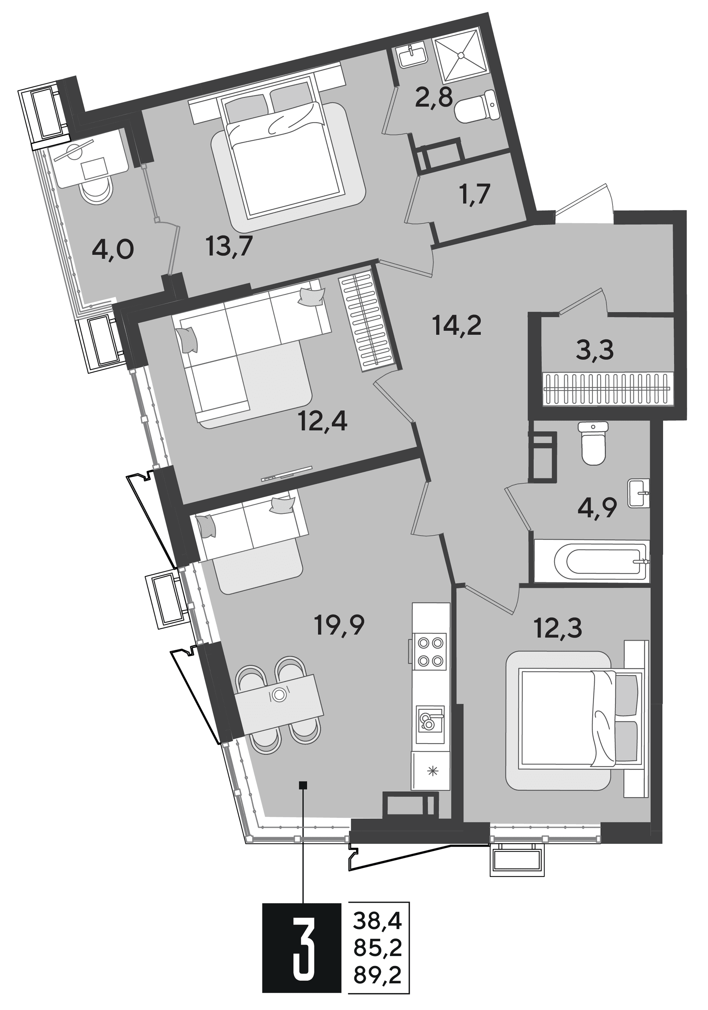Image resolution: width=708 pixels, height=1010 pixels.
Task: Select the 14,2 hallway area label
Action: [x=457, y=326]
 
